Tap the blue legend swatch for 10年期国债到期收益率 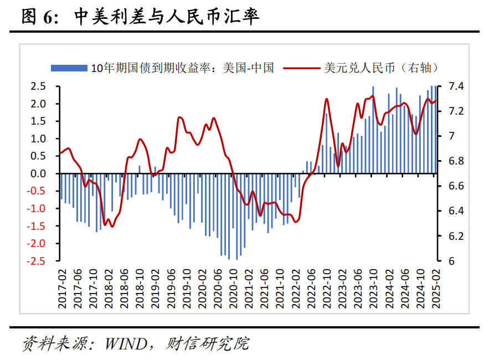pos(69,68)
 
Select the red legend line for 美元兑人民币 pos(302,68)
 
